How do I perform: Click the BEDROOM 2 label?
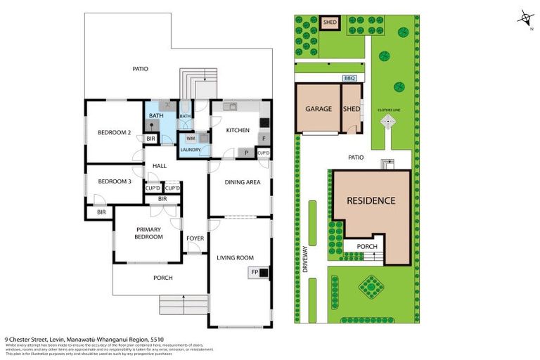(x=114, y=132)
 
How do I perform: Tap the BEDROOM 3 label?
(x=114, y=181)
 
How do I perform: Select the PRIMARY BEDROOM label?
(x=149, y=233)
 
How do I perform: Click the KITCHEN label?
(x=238, y=131)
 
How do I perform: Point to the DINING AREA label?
(x=242, y=182)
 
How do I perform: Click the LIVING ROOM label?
(x=235, y=257)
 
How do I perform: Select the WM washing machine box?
(x=191, y=139)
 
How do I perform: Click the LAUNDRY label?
(x=191, y=150)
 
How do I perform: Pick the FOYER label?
(x=195, y=238)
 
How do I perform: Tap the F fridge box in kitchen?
(x=264, y=139)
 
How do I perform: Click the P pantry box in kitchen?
(x=246, y=152)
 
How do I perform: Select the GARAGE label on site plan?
(x=318, y=109)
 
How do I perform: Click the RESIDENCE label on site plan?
(x=371, y=200)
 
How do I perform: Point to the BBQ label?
(x=349, y=78)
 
